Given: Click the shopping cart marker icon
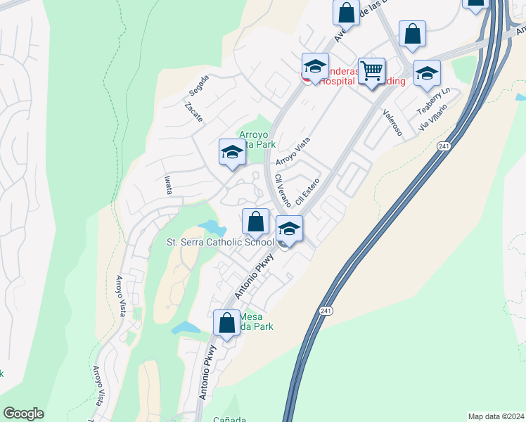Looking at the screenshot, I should (371, 70).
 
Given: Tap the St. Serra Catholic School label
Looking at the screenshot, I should (220, 242).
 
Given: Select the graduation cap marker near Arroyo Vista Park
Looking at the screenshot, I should (232, 152).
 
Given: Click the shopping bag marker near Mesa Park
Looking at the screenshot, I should (226, 324).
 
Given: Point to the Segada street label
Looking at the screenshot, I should (199, 85).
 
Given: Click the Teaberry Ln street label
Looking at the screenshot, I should (432, 101).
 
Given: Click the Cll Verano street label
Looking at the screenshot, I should (283, 190).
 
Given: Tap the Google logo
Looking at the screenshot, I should (23, 414).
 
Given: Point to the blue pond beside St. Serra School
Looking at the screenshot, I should (213, 228).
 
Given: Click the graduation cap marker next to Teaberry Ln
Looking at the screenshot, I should (427, 73).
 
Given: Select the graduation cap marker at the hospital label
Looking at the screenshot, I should (315, 67).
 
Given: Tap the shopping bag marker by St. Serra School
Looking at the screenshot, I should (256, 222).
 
